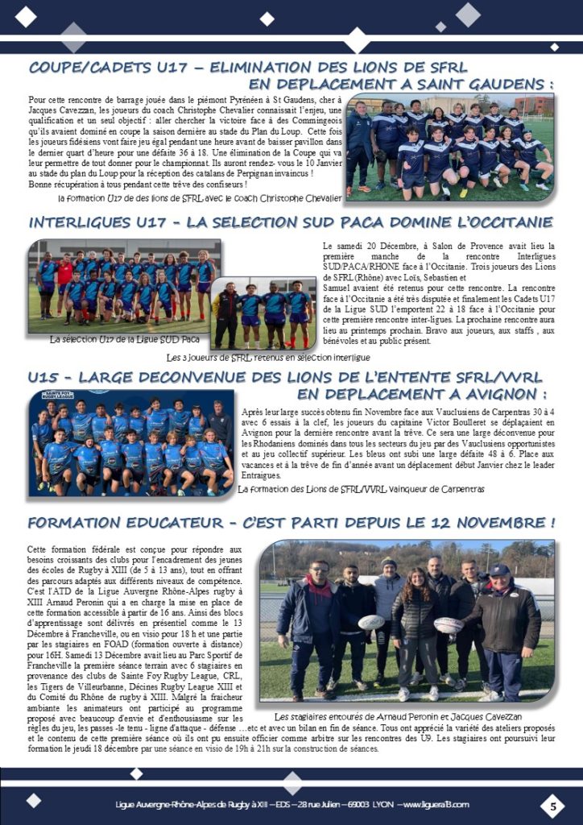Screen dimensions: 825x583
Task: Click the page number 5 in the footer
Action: [x=552, y=805]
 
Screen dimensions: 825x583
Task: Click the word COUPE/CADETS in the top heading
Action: [x=95, y=68]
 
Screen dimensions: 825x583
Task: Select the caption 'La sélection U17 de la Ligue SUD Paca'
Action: [x=125, y=340]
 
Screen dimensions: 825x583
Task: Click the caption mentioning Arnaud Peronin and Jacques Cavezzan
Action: [x=398, y=716]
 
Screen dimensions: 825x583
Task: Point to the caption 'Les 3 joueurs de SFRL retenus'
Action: [x=268, y=356]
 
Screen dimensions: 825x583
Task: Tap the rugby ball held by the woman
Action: [x=448, y=624]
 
